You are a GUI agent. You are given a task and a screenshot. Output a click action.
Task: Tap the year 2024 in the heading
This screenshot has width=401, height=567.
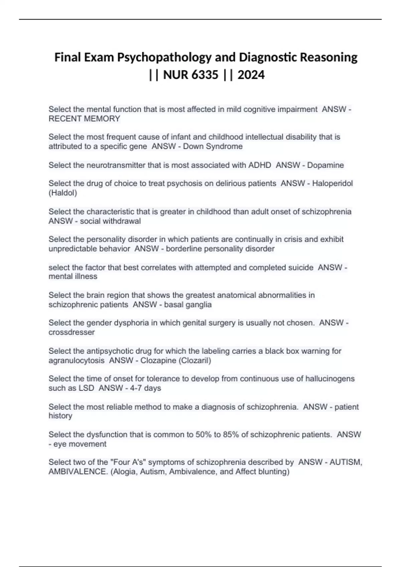[251, 75]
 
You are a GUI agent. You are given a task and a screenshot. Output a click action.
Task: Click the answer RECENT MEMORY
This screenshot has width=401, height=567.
[84, 119]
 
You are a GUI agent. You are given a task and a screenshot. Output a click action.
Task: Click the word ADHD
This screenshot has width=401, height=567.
[260, 165]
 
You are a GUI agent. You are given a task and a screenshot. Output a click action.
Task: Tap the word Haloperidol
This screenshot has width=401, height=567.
[332, 183]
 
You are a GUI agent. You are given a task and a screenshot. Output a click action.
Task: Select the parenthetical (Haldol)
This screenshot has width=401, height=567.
[63, 193]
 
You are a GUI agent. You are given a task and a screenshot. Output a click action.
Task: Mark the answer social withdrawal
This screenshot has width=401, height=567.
[110, 221]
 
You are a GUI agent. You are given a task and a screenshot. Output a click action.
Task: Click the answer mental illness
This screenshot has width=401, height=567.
[73, 276]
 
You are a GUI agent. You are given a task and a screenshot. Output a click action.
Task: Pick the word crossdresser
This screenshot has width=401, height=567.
[72, 332]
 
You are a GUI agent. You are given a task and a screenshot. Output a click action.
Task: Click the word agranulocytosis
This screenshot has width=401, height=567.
[77, 361]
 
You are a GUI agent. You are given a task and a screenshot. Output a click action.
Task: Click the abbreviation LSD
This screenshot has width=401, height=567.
[86, 388]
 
